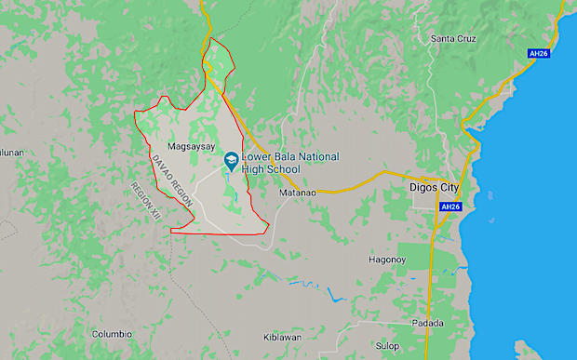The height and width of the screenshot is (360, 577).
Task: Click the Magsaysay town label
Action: [191, 147]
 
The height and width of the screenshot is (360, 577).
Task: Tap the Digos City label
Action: [436, 187]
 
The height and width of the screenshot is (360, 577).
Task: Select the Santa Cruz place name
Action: [453, 38]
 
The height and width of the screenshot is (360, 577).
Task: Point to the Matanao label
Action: [299, 193]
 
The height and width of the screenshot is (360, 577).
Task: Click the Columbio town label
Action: [112, 334]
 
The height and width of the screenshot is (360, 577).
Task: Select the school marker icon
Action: [229, 163]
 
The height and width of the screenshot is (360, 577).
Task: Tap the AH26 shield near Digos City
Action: [450, 207]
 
